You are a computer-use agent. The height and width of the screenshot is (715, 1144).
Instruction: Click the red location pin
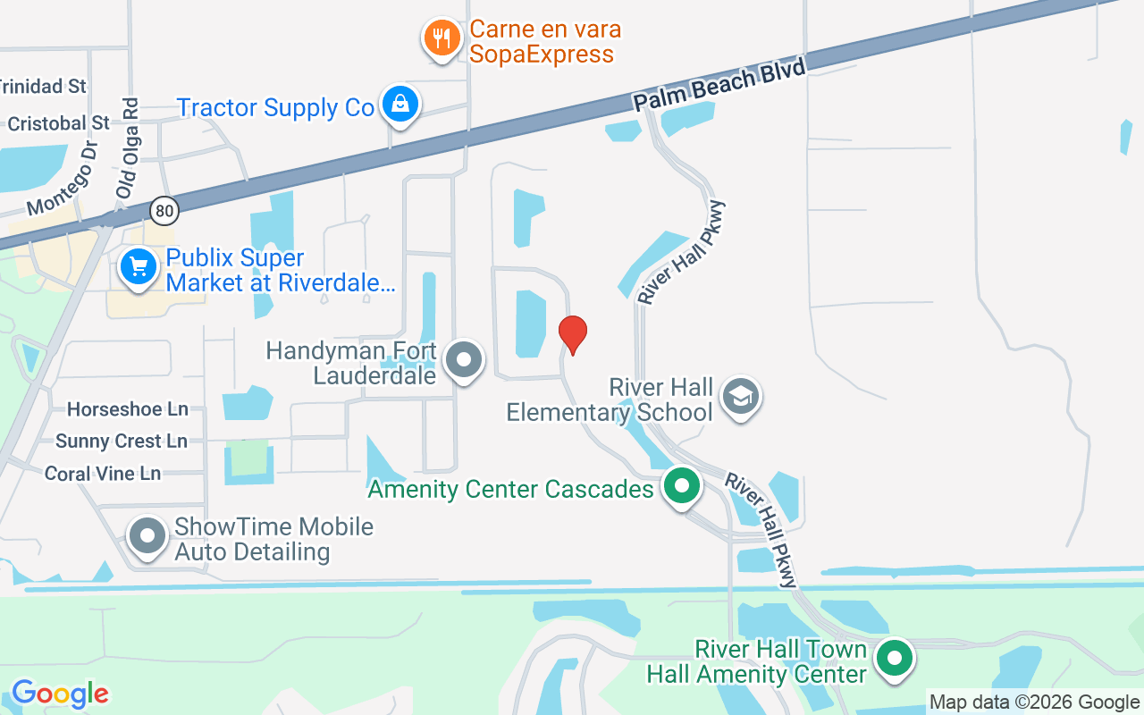(x=572, y=334)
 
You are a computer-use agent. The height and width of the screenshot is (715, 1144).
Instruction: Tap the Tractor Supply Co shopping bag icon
(x=400, y=105)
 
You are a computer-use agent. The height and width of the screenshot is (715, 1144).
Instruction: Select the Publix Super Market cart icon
(x=139, y=266)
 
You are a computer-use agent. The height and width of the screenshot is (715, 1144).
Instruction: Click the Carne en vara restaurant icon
(x=441, y=38)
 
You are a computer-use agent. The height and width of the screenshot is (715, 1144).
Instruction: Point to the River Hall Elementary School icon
(x=741, y=397)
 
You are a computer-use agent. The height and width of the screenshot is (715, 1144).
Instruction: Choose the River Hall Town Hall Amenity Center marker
(x=893, y=659)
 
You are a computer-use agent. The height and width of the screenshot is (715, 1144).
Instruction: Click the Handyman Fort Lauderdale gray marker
(x=463, y=360)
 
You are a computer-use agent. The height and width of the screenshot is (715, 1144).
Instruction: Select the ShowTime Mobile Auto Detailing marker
(x=147, y=537)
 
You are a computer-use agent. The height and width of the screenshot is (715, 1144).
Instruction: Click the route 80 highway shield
(x=164, y=211)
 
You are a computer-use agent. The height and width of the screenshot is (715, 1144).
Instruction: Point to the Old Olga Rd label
(x=127, y=148)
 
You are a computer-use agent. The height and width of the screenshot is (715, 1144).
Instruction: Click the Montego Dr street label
(x=62, y=179)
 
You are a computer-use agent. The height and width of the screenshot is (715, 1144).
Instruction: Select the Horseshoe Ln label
(x=128, y=409)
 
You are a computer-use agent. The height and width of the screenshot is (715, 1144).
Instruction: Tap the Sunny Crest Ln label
(x=122, y=442)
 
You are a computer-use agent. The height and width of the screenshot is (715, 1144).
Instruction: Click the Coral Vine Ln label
(x=103, y=474)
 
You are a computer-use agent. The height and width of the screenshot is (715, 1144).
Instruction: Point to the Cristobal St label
(x=58, y=122)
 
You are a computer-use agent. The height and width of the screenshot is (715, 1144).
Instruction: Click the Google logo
(x=60, y=694)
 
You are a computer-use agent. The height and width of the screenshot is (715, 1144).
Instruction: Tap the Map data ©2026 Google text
(x=1034, y=702)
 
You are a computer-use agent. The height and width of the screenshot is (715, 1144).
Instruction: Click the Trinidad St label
(x=42, y=87)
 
